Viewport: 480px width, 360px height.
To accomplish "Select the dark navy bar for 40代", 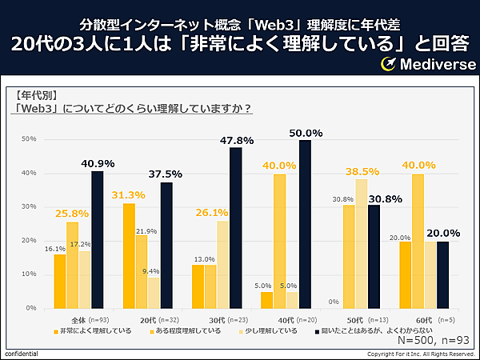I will tap(305, 224).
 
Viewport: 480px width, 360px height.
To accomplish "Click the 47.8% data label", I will tap(236, 140).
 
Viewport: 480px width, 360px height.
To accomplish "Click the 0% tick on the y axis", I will tap(32, 308).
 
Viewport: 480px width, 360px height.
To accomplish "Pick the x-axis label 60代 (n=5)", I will tap(424, 319).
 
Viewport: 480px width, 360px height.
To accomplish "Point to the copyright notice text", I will tap(421, 354).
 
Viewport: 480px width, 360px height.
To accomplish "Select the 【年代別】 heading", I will tap(36, 93).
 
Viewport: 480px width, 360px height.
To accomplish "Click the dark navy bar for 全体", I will tap(97, 239).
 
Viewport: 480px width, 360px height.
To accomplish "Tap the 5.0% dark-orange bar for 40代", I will tap(266, 300).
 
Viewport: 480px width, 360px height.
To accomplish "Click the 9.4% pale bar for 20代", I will tap(154, 293).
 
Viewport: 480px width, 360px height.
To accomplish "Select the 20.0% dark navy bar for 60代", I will tap(442, 274).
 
